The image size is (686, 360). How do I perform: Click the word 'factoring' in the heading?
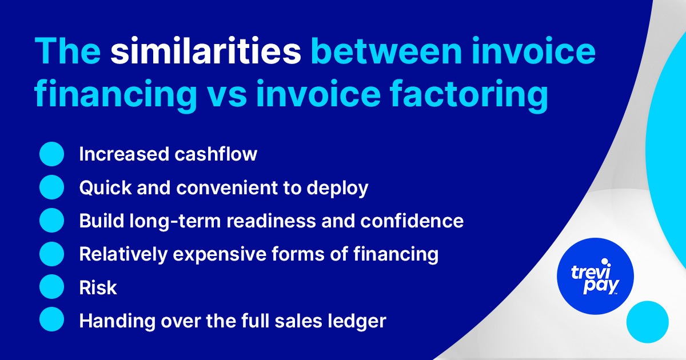pyautogui.click(x=472, y=95)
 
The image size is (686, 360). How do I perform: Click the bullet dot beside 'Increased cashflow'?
pyautogui.click(x=51, y=154)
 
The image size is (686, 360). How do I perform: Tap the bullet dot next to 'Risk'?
pyautogui.click(x=51, y=287)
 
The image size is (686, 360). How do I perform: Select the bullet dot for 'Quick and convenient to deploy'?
pyautogui.click(x=51, y=187)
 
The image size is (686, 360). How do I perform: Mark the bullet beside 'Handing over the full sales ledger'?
pyautogui.click(x=51, y=320)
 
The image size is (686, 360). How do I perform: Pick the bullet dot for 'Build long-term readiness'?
pyautogui.click(x=51, y=221)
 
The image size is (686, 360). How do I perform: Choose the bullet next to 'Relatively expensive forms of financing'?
pyautogui.click(x=51, y=254)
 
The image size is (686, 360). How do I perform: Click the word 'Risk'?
pyautogui.click(x=98, y=287)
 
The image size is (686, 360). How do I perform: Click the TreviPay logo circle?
pyautogui.click(x=595, y=276)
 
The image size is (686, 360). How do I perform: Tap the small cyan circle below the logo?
pyautogui.click(x=647, y=322)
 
